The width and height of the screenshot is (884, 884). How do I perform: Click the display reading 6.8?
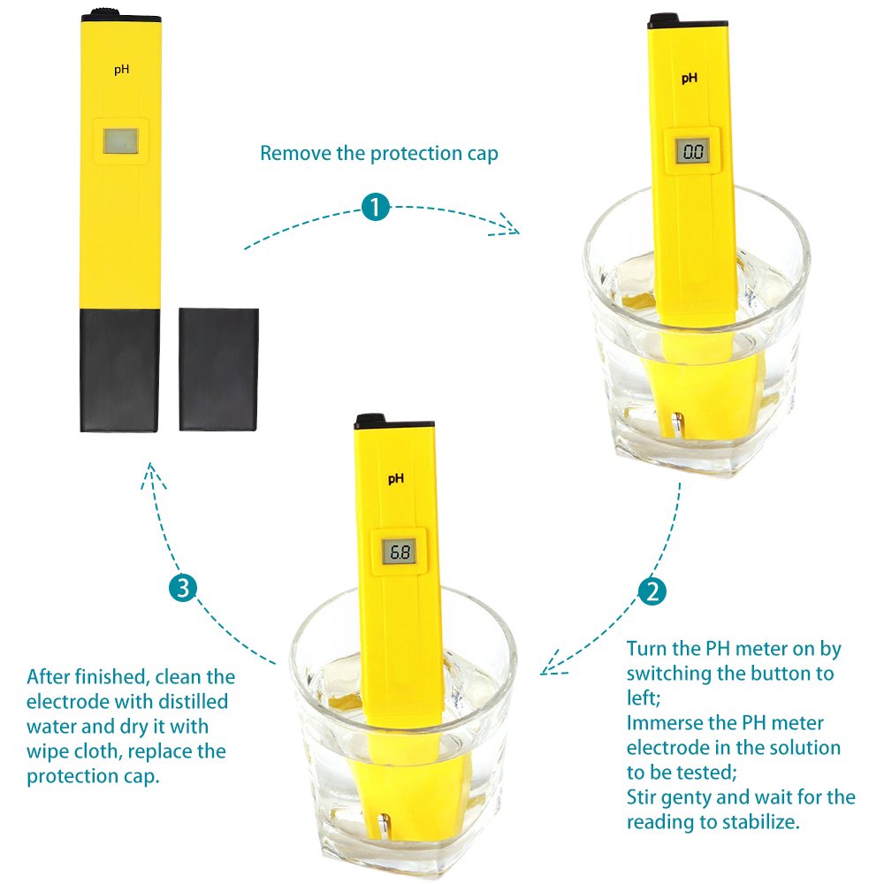[x=400, y=553]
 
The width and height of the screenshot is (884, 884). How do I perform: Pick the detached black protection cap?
[x=218, y=369]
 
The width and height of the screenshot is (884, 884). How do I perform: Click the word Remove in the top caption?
[x=293, y=154]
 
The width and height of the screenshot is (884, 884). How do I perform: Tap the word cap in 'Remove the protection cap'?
[x=483, y=154]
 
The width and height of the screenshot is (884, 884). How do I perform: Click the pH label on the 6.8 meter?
[x=395, y=478]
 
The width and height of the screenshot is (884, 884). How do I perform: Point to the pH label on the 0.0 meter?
[x=689, y=78]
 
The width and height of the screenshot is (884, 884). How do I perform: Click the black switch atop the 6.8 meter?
[x=370, y=420]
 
